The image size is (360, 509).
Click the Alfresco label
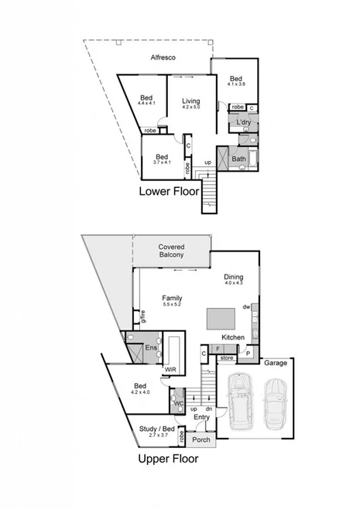163,58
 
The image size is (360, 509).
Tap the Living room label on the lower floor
190,101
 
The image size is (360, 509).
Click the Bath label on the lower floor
239,159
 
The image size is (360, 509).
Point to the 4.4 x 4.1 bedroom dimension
146,103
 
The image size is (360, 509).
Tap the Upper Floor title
168,458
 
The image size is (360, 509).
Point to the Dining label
233,276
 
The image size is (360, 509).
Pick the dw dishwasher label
245,307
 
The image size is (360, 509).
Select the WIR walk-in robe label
170,371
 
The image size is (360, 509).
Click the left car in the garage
239,401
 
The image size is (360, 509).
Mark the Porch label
201,440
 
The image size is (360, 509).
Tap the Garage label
276,362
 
